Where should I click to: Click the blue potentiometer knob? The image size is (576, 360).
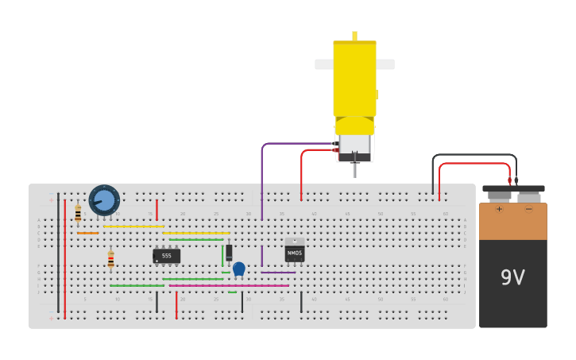point(104,200)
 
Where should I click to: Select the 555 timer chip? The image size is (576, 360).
point(166,256)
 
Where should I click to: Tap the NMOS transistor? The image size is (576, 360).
point(295,252)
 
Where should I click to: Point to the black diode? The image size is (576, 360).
point(229,253)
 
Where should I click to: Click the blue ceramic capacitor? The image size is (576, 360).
point(239,269)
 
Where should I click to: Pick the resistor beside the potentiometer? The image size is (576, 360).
point(78,214)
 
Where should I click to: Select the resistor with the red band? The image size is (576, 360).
point(110,260)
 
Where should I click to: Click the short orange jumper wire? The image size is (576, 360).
point(87,233)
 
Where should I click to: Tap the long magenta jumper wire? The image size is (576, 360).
point(230,285)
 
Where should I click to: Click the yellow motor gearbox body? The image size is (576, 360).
point(354,79)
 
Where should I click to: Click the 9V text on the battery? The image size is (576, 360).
point(512,277)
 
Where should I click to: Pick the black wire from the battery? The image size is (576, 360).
point(474,155)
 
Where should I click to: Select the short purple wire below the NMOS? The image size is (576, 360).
point(278,273)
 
